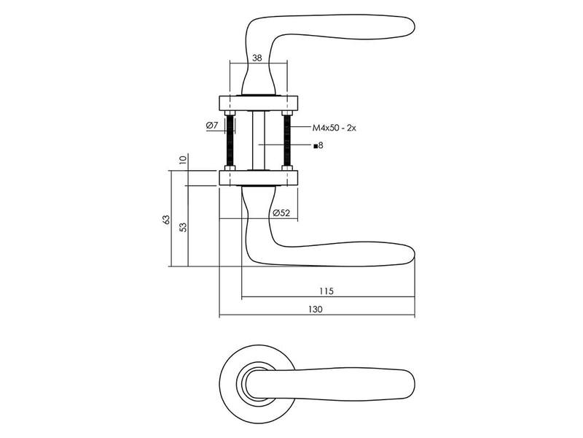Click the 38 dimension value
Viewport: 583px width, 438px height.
point(257,58)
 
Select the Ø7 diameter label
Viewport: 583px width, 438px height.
point(211,126)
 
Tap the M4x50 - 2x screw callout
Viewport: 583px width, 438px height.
point(334,128)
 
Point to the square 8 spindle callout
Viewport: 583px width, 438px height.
point(318,145)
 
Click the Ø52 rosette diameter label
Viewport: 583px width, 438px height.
point(281,213)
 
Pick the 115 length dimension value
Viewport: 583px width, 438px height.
point(326,291)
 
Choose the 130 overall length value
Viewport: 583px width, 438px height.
point(316,309)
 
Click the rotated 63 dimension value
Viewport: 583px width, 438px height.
point(166,220)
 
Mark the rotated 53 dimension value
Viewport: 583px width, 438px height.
point(183,227)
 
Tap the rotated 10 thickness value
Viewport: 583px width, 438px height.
point(182,160)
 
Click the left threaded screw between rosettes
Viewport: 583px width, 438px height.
point(230,140)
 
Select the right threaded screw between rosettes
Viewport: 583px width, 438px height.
point(286,140)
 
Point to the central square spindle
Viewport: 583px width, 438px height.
point(259,140)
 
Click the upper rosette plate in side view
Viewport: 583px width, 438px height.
point(259,103)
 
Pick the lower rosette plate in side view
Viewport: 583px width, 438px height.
point(259,177)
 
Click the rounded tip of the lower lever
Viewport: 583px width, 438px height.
point(414,255)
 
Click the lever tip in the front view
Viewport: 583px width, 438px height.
point(414,384)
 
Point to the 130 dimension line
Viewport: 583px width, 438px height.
point(317,315)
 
